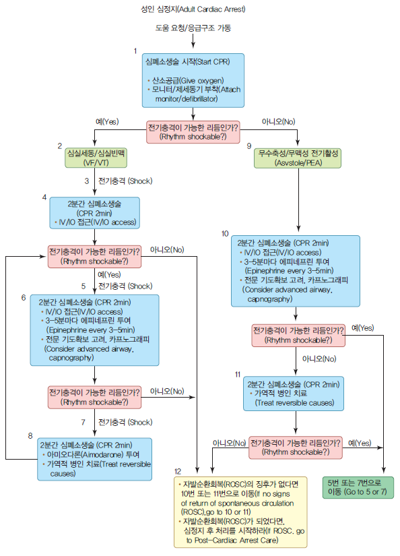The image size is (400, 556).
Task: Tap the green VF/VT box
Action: pyautogui.click(x=93, y=158)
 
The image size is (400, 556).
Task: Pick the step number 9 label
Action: pyautogui.click(x=249, y=146)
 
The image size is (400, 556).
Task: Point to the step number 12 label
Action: pyautogui.click(x=178, y=470)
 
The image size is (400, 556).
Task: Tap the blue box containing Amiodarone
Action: pyautogui.click(x=94, y=459)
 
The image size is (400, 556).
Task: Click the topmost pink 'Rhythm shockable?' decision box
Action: pyautogui.click(x=192, y=131)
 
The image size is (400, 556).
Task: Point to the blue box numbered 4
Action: pyautogui.click(x=94, y=213)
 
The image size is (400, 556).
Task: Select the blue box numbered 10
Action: pyautogui.click(x=297, y=269)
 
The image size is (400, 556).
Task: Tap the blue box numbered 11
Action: pyautogui.click(x=295, y=393)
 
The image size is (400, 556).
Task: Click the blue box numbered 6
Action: pyautogui.click(x=94, y=330)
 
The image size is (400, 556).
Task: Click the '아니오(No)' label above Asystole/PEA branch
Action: pyautogui.click(x=279, y=121)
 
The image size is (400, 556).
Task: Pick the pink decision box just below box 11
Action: pyautogui.click(x=294, y=447)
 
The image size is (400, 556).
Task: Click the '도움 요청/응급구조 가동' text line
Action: pyautogui.click(x=192, y=28)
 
